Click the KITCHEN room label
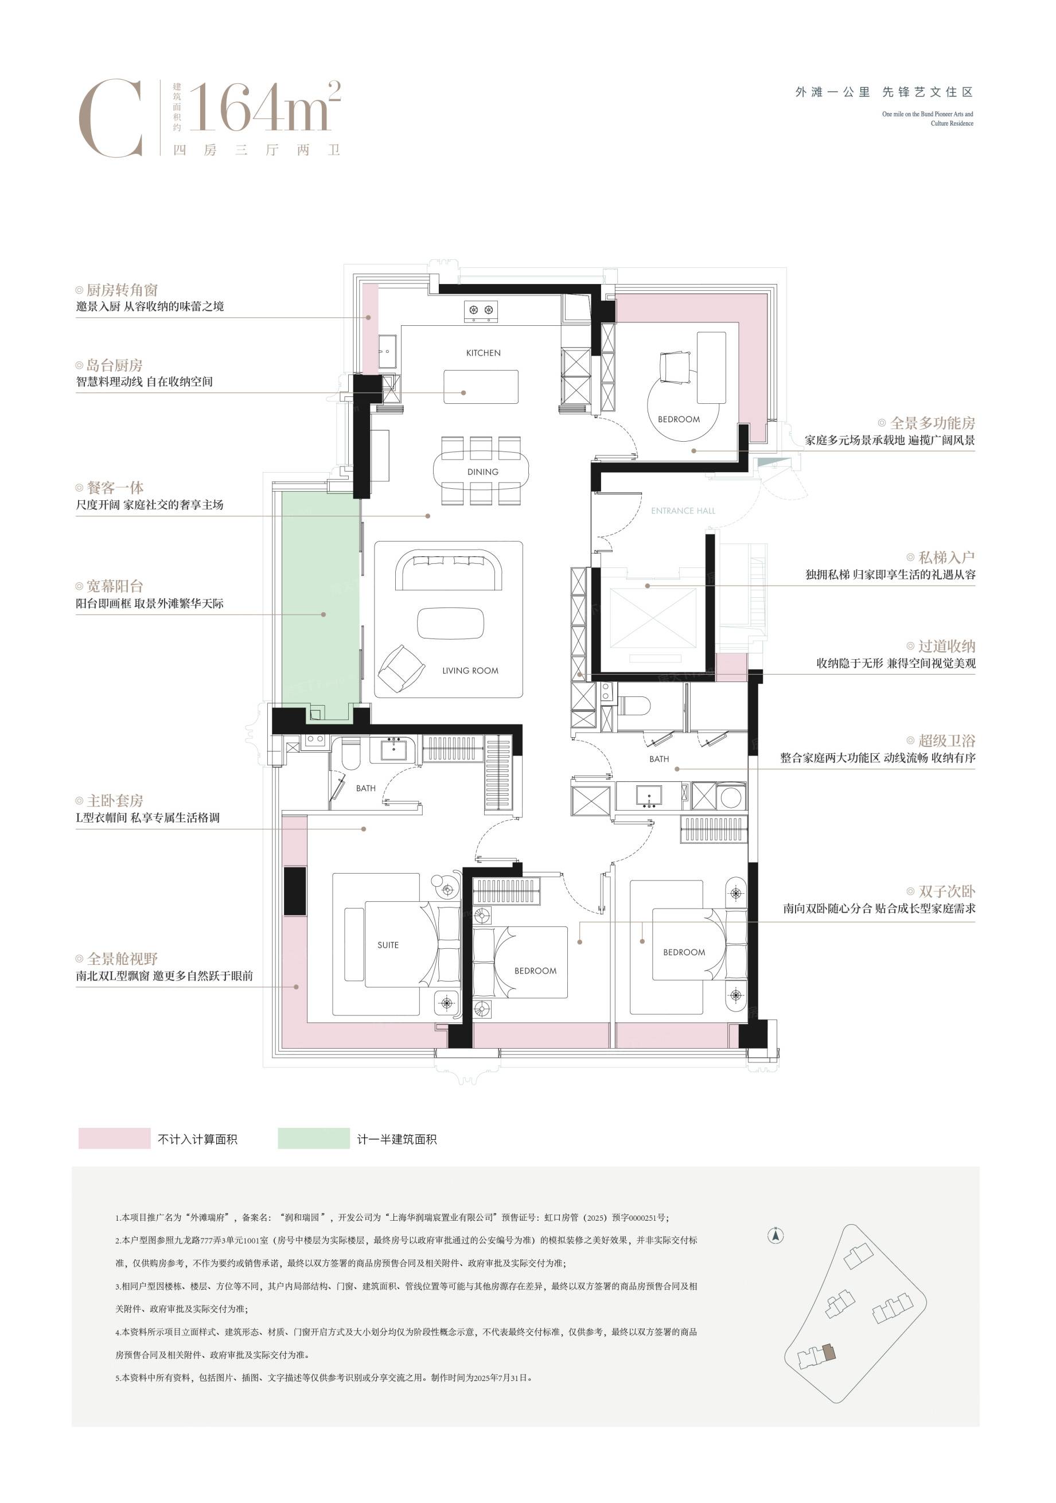483,353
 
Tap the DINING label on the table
482,472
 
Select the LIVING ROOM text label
470,671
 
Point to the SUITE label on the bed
388,945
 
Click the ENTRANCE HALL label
683,511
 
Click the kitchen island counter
481,387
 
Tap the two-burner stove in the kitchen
481,311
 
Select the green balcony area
321,606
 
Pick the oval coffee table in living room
451,623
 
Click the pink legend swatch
114,1138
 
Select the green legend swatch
314,1138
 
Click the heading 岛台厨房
115,365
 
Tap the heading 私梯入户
946,557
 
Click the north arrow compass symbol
776,1236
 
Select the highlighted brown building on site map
829,1353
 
